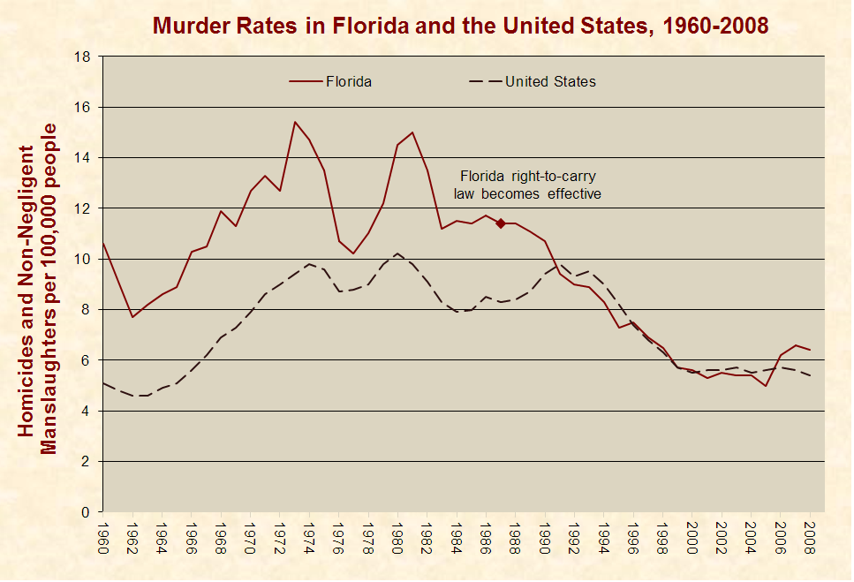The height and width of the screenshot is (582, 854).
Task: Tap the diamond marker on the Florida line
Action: pyautogui.click(x=501, y=223)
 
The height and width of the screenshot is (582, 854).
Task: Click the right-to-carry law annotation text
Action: pyautogui.click(x=527, y=185)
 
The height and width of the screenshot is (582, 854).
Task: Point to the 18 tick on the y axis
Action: pyautogui.click(x=84, y=57)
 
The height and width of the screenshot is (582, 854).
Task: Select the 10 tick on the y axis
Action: pyautogui.click(x=84, y=259)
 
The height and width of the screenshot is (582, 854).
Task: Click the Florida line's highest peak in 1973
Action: pyautogui.click(x=295, y=122)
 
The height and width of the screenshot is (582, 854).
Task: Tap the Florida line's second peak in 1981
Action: pyautogui.click(x=412, y=132)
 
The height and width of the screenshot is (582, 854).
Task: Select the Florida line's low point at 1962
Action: pyautogui.click(x=132, y=317)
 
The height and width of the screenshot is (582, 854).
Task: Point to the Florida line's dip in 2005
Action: pyautogui.click(x=766, y=386)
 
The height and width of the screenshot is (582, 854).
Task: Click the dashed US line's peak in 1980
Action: pyautogui.click(x=398, y=253)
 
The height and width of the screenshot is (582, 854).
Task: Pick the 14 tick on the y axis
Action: pyautogui.click(x=84, y=157)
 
